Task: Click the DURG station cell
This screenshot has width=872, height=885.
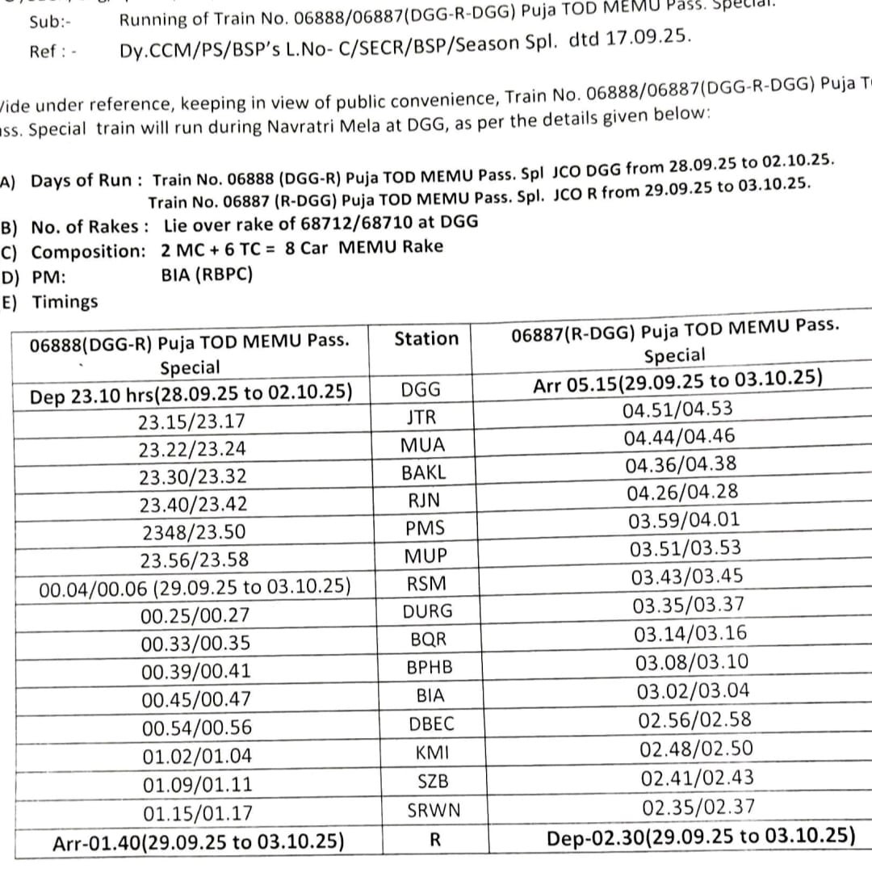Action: coord(429,611)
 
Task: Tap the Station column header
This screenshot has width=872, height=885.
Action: coord(426,338)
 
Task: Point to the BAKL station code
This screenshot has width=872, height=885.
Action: coord(424,472)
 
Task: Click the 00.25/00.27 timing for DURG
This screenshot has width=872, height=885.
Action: coord(195,615)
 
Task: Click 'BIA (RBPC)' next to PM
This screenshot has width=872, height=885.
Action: coord(208,275)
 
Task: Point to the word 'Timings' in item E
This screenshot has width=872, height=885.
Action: coord(65,302)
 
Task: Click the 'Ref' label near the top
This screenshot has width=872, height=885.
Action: coord(43,52)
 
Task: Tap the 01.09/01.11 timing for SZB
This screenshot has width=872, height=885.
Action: coord(197,783)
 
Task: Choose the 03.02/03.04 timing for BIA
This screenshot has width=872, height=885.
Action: coord(693,691)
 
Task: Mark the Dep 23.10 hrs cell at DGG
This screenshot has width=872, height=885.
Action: coord(191,393)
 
